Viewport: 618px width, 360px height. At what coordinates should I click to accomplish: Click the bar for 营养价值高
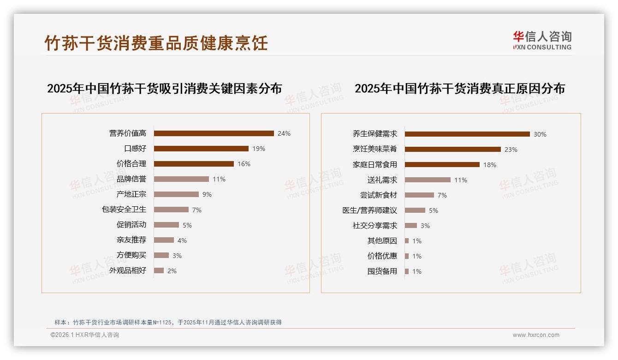pos(214,133)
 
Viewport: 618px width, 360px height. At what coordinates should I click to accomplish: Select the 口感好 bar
pos(201,149)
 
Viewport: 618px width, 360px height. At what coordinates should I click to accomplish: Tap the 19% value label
pos(259,149)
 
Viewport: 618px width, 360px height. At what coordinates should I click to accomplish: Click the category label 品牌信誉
pos(131,179)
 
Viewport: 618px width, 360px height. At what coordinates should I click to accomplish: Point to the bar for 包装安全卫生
pos(171,210)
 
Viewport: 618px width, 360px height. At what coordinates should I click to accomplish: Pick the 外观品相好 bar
pos(159,270)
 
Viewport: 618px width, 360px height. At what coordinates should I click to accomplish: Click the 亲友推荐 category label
pos(131,240)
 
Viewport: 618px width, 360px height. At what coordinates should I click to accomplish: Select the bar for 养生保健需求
pos(467,134)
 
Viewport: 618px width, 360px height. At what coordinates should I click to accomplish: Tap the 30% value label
pos(540,134)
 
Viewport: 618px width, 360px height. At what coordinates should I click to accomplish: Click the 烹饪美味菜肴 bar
pos(452,150)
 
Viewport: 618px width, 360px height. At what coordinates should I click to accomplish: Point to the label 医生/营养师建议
pos(369,210)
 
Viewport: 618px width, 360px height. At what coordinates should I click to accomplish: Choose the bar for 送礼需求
pos(428,180)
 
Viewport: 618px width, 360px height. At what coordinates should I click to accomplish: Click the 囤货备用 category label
pos(382,271)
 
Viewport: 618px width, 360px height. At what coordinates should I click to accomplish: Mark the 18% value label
pos(490,165)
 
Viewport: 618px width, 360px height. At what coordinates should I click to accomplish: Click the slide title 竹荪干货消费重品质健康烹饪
pos(156,43)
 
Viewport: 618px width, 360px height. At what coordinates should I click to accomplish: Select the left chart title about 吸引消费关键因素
pos(164,88)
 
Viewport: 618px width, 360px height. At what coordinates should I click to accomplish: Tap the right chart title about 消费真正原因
pos(459,88)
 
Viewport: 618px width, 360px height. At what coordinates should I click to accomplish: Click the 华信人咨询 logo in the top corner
pos(542,41)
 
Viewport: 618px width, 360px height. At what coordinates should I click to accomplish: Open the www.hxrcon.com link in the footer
pos(536,335)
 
